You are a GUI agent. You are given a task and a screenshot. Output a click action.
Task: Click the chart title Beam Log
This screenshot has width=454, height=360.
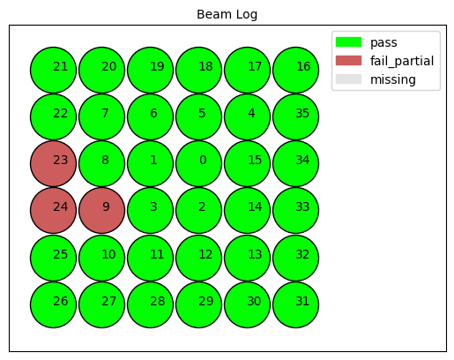(x=227, y=14)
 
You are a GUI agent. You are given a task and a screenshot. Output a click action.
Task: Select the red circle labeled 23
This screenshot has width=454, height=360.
(x=53, y=163)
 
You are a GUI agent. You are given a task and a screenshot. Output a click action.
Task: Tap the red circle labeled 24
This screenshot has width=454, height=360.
(x=53, y=211)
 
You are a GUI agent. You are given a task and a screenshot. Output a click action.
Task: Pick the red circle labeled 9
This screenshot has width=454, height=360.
(x=101, y=211)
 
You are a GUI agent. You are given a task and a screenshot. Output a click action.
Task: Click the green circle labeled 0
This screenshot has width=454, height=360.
(x=198, y=163)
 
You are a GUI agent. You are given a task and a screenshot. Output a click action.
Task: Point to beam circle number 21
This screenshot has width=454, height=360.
(x=53, y=70)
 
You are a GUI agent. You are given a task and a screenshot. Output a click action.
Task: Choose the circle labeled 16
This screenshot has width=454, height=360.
(x=295, y=70)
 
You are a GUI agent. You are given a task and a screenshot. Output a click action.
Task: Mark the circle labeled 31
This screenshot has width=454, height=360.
(x=295, y=304)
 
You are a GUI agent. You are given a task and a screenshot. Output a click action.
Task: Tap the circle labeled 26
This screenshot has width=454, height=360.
(x=53, y=304)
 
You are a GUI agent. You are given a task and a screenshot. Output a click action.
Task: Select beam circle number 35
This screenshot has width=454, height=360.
(x=295, y=116)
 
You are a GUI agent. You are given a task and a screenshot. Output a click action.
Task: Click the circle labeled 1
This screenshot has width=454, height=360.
(x=150, y=163)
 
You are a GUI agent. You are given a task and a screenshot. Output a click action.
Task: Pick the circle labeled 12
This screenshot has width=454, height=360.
(x=198, y=258)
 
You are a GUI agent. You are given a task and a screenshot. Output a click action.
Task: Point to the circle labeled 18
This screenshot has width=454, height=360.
(x=198, y=70)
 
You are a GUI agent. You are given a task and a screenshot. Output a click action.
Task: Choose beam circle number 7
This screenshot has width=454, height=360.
(x=101, y=116)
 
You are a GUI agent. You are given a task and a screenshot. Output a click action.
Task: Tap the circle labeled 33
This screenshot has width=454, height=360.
(x=295, y=211)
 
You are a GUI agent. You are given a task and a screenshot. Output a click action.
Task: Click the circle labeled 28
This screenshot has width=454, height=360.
(x=150, y=304)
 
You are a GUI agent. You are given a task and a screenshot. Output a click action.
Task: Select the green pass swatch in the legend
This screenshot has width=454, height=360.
(x=348, y=42)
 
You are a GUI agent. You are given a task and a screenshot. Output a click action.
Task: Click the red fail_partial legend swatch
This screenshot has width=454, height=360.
(x=348, y=61)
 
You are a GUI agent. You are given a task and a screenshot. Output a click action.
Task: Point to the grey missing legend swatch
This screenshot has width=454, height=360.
(x=348, y=79)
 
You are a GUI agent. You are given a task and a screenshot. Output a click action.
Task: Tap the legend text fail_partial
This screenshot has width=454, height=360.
(x=402, y=61)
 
